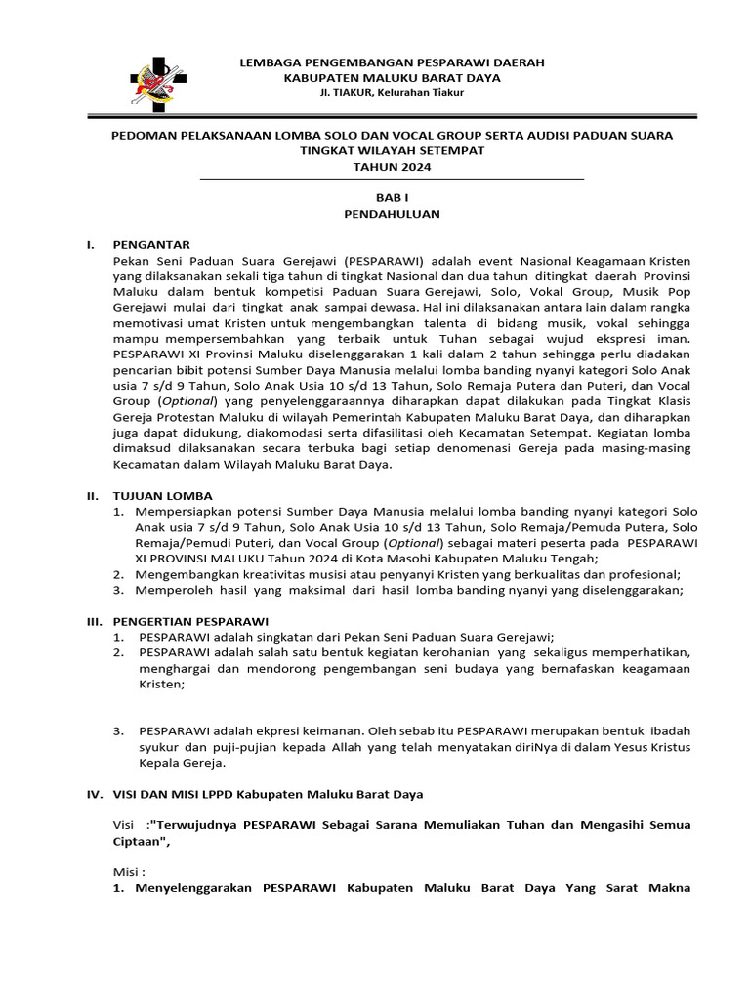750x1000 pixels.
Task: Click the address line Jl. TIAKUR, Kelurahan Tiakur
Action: pos(392,92)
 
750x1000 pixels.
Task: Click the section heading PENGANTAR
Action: pos(152,244)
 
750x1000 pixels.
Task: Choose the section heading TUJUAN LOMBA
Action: pos(163,496)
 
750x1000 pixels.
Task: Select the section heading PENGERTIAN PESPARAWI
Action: pos(190,621)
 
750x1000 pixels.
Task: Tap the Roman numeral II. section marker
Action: pos(94,496)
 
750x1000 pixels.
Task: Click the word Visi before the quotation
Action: pos(126,825)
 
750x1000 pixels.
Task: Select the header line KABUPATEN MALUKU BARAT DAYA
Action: pos(392,77)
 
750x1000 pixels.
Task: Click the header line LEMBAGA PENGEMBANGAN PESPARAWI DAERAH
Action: pos(392,62)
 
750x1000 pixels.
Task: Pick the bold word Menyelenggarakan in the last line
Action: pos(192,888)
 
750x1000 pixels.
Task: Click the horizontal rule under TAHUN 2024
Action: pos(392,180)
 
